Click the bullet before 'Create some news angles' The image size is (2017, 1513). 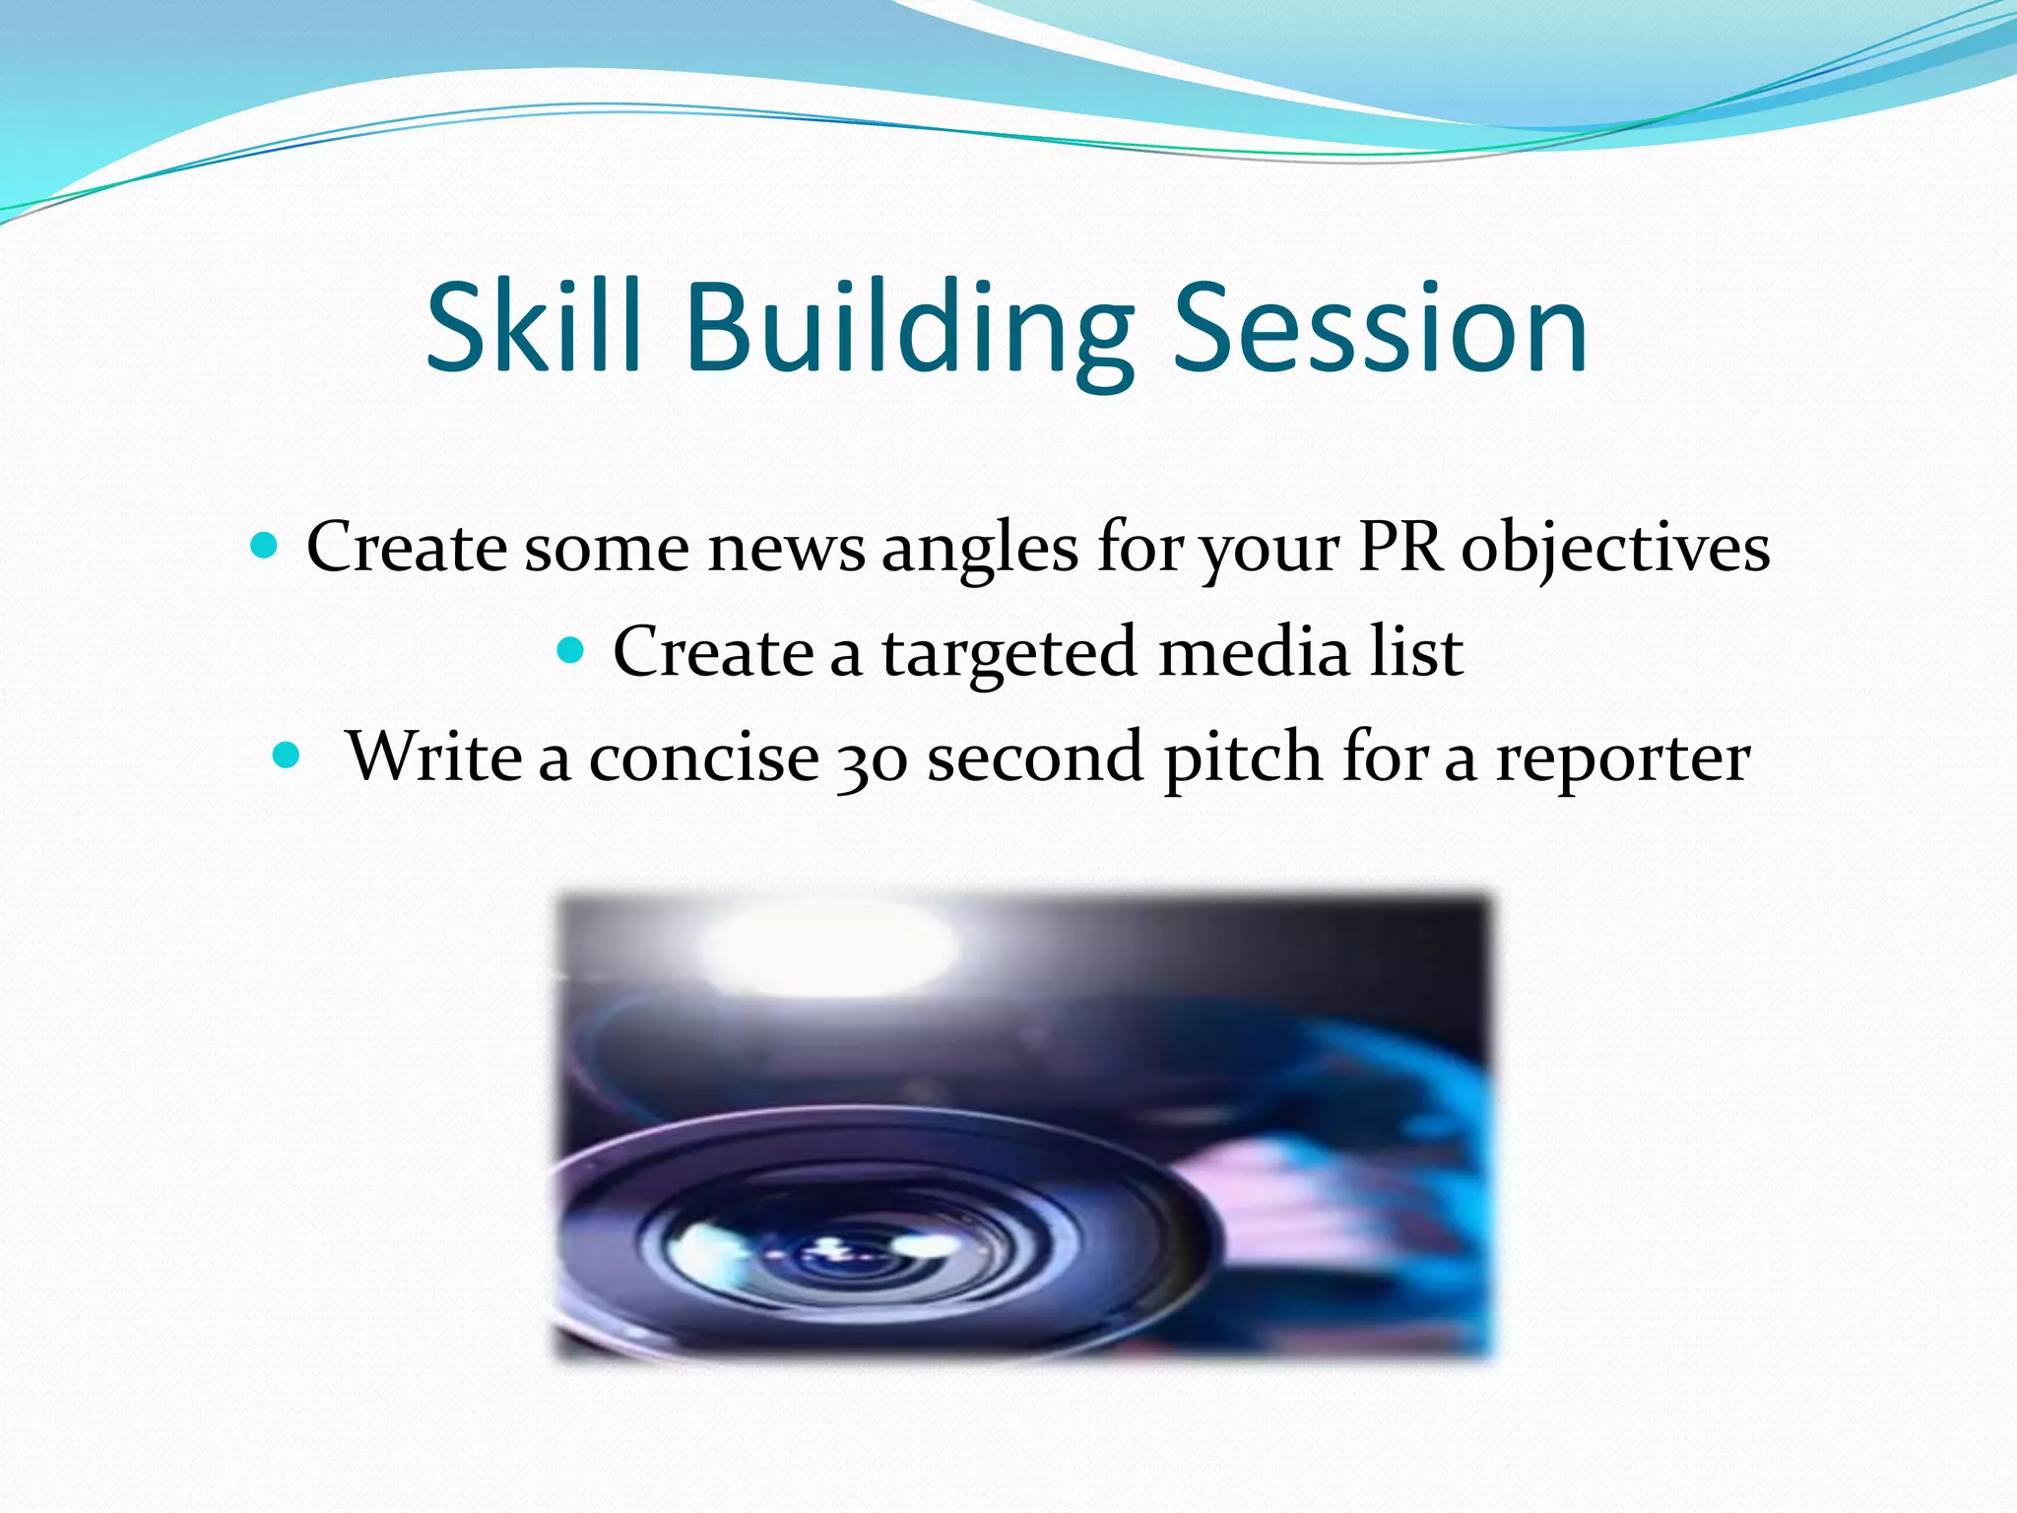coord(264,545)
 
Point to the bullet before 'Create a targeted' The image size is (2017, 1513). coord(570,650)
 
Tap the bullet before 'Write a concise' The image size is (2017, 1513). coord(285,756)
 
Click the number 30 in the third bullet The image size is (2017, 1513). coord(871,759)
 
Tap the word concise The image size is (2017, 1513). coord(703,757)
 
